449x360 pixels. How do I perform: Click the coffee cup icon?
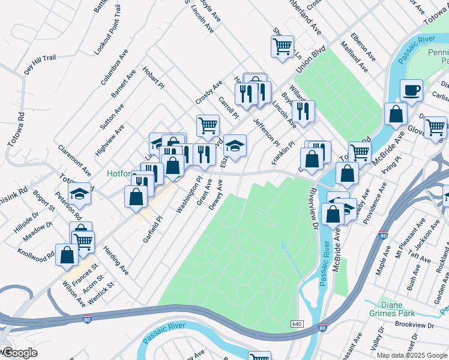(x=411, y=90)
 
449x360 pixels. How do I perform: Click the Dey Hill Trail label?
(x=40, y=64)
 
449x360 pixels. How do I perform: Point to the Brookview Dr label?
(x=414, y=325)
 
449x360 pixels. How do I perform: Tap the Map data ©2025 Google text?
(x=411, y=355)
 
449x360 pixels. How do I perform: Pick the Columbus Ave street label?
(x=115, y=67)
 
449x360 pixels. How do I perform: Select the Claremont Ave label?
(x=74, y=159)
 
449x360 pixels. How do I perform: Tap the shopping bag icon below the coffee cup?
(x=396, y=113)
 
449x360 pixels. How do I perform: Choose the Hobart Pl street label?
(x=153, y=77)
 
